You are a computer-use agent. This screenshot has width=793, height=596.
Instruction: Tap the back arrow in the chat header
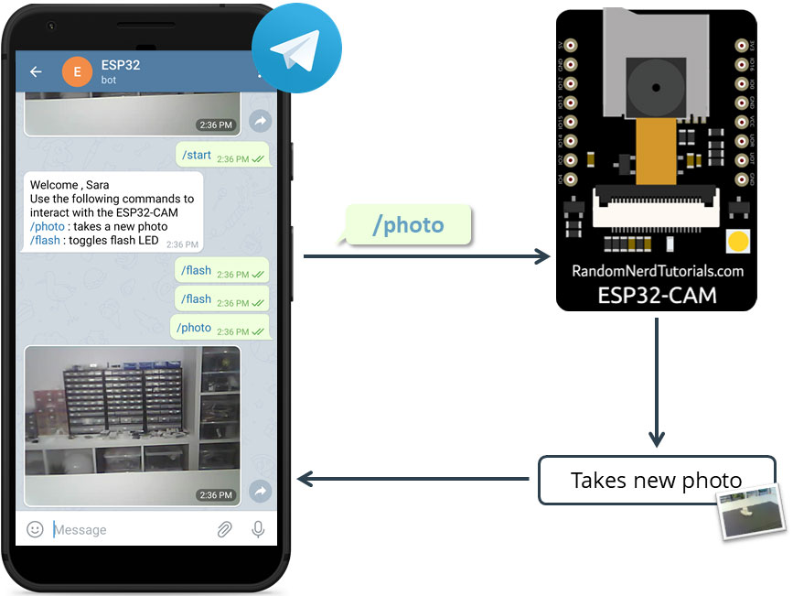click(37, 71)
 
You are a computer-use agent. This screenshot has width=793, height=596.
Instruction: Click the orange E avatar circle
click(77, 71)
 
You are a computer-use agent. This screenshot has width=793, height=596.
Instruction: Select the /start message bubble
click(222, 156)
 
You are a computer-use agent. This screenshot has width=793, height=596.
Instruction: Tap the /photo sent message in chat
click(220, 328)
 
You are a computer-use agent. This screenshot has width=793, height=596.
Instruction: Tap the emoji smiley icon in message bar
click(35, 529)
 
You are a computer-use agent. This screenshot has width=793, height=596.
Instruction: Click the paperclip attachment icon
click(224, 529)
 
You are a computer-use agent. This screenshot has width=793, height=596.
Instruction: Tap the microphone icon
click(258, 529)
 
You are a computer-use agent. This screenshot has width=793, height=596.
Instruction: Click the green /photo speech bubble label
click(408, 225)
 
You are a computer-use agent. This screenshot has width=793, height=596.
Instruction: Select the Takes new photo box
click(655, 480)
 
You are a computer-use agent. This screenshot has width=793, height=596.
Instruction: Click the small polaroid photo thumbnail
click(752, 513)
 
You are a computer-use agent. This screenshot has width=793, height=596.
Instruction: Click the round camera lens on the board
click(657, 83)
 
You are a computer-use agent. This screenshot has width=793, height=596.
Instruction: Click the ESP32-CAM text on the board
click(657, 295)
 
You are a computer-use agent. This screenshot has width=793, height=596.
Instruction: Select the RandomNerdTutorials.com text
click(657, 271)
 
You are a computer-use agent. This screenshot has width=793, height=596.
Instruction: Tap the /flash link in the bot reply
click(45, 241)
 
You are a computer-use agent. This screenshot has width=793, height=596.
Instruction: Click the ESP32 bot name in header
click(121, 65)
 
